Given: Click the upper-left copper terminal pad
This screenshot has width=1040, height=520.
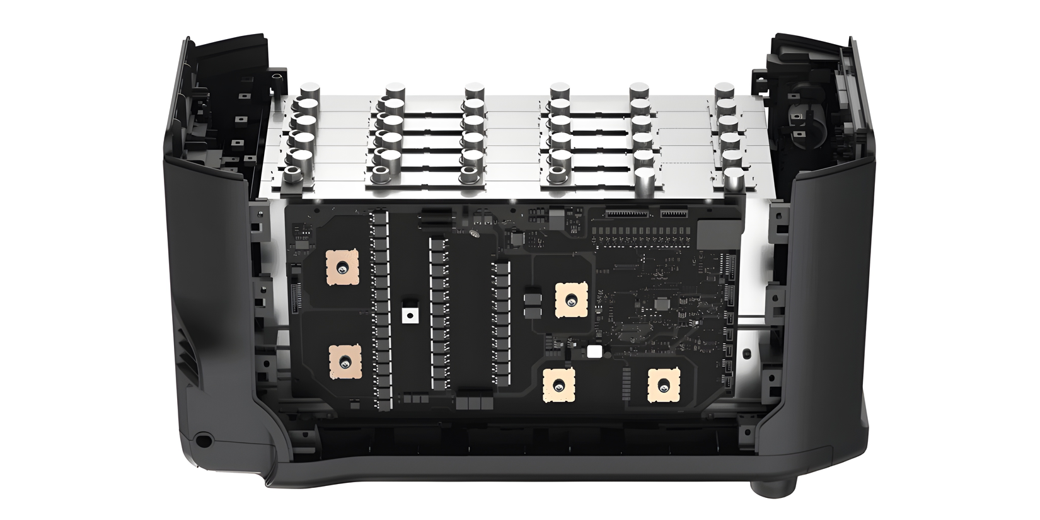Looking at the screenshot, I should [x=342, y=267].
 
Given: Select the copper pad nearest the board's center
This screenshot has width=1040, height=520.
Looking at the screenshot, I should [x=572, y=299].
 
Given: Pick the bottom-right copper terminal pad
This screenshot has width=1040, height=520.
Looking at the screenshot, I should [x=664, y=385].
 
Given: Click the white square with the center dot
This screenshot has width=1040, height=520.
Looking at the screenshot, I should [x=411, y=315].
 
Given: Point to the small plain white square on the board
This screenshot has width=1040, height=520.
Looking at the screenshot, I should [x=593, y=352].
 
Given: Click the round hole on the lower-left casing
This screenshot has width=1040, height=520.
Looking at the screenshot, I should [x=203, y=439].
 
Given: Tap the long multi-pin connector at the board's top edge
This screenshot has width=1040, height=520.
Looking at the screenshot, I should [x=627, y=214].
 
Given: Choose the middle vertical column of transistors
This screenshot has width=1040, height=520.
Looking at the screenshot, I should [x=439, y=312].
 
